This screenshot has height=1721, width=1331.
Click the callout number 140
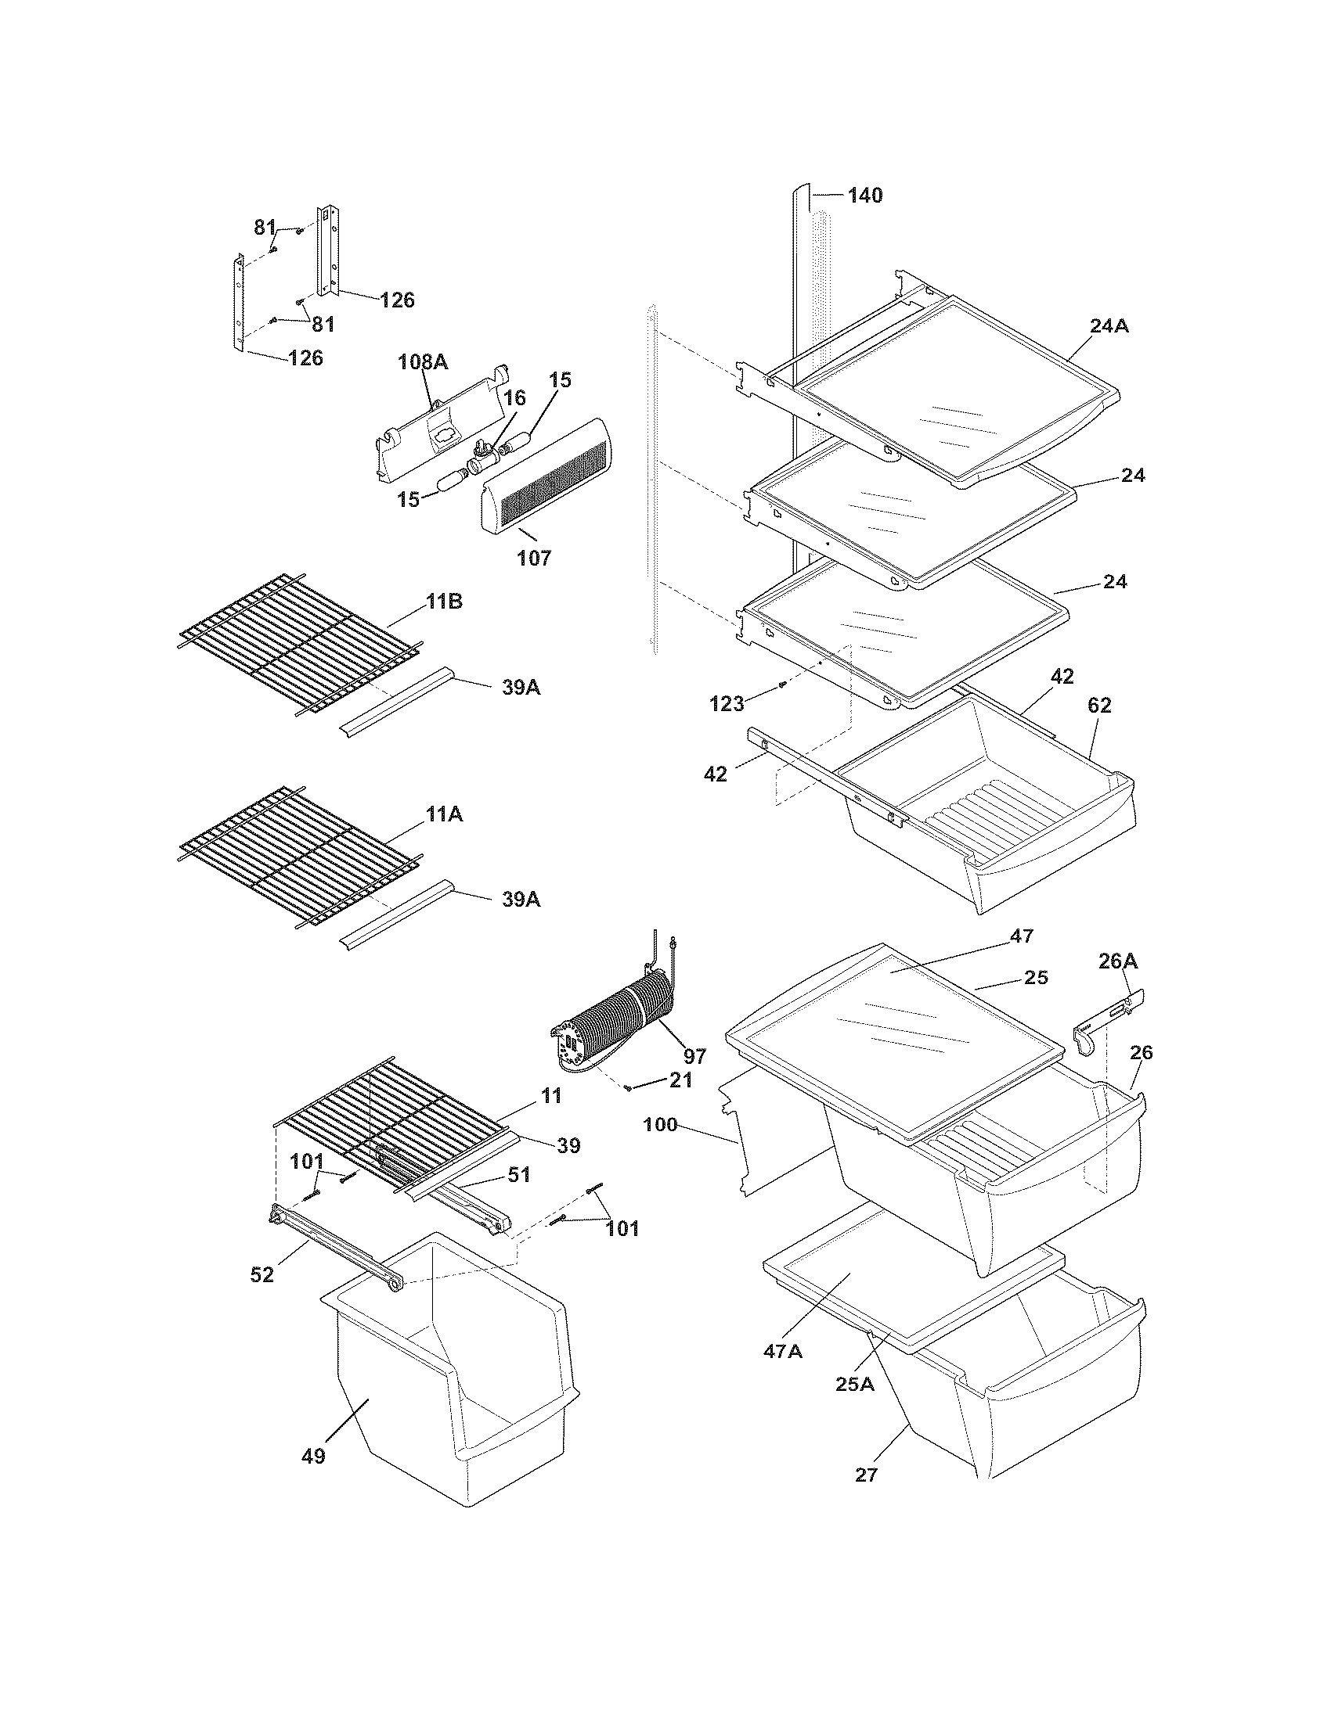(865, 195)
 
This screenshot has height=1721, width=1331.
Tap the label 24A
(1109, 325)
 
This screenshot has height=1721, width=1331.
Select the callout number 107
(534, 558)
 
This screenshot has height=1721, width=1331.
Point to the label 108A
(423, 361)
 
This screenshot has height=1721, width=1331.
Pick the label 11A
(444, 814)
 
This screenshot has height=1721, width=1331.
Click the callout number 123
(727, 703)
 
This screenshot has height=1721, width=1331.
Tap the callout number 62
(1099, 706)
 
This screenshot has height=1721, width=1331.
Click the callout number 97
(694, 1055)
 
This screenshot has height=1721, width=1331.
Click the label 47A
(782, 1352)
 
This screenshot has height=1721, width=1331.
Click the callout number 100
(660, 1124)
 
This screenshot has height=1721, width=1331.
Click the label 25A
(855, 1383)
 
